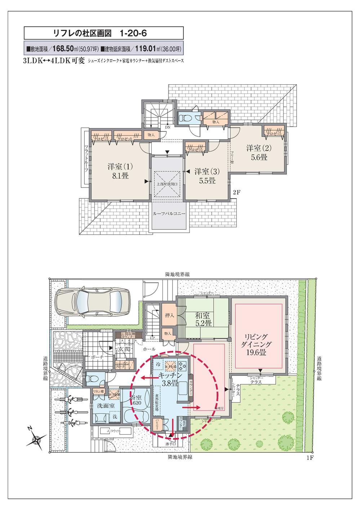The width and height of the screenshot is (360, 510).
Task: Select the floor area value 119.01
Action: tap(146, 49)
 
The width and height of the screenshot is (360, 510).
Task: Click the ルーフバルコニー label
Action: tap(169, 214)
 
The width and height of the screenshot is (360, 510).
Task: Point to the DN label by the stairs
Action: tap(168, 127)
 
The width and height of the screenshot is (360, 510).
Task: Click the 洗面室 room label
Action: tap(104, 405)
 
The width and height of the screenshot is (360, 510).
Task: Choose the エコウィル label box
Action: tap(114, 431)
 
